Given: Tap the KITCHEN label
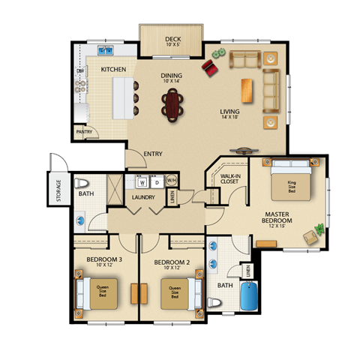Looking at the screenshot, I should [113, 70].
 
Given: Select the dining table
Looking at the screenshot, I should [174, 103].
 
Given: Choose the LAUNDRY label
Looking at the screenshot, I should [142, 197].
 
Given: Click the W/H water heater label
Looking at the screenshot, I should [171, 181].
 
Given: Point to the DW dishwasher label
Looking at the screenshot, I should [79, 71].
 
